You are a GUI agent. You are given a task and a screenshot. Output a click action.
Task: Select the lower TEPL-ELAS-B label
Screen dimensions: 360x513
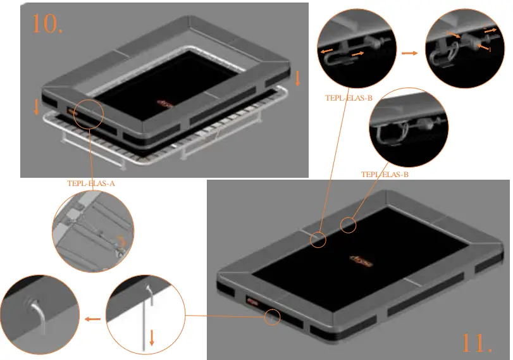pos(385,173)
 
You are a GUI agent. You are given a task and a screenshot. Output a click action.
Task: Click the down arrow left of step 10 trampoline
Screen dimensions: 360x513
pos(36,106)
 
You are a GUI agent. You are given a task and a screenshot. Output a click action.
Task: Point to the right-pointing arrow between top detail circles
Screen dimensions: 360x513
pos(410,53)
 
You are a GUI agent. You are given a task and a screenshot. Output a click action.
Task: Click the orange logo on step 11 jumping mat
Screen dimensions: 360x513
pos(362,259)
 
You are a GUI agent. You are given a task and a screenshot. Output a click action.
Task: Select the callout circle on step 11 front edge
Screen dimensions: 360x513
pos(273,316)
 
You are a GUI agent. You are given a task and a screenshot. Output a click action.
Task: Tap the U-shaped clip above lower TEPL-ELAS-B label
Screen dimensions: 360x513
pos(389,134)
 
